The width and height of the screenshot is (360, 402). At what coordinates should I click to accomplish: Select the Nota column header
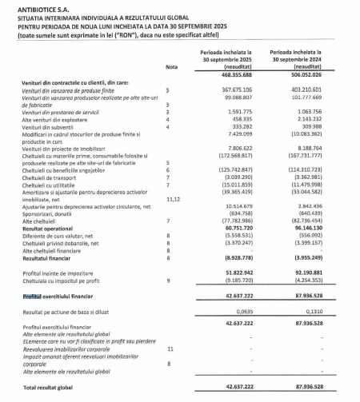[170, 67]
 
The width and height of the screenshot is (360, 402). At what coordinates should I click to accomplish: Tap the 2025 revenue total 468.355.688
[229, 74]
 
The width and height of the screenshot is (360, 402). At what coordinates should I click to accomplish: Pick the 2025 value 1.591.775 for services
[235, 112]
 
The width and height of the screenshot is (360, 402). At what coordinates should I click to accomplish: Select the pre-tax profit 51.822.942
[233, 273]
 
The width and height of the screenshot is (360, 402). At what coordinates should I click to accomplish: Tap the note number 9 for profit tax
[166, 281]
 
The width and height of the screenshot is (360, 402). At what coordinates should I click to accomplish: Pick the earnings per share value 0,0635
[243, 313]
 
